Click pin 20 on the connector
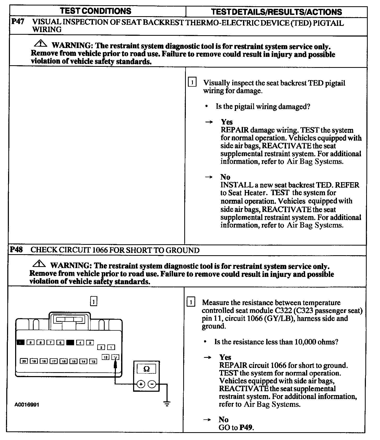point(24,361)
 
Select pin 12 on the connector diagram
point(105,357)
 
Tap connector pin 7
point(50,343)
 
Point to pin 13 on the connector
point(93,361)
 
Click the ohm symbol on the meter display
point(146,369)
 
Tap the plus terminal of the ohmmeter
point(141,384)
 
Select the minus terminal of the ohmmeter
point(152,384)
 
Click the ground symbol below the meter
point(167,404)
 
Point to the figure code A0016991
point(27,405)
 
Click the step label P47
point(17,22)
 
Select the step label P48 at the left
point(16,249)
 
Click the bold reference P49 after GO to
point(246,427)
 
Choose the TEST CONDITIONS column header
point(96,11)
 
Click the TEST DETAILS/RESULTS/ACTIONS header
point(276,12)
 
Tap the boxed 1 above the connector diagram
point(93,301)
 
